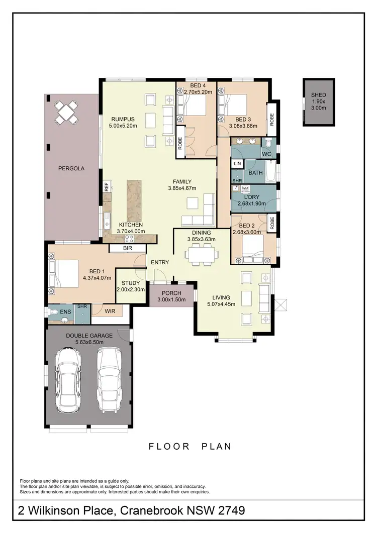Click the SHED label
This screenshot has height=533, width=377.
[x=318, y=95]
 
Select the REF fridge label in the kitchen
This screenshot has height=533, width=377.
[x=107, y=186]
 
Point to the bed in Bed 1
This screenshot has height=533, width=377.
[x=64, y=273]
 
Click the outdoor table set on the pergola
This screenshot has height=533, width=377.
[x=67, y=113]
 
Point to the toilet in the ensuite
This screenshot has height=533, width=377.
[x=55, y=312]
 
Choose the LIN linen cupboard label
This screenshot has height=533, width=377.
[x=237, y=164]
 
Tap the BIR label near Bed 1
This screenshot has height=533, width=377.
[x=127, y=248]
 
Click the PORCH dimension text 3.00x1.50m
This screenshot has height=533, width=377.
[x=171, y=300]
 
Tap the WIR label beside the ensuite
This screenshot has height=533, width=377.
[x=110, y=312]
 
